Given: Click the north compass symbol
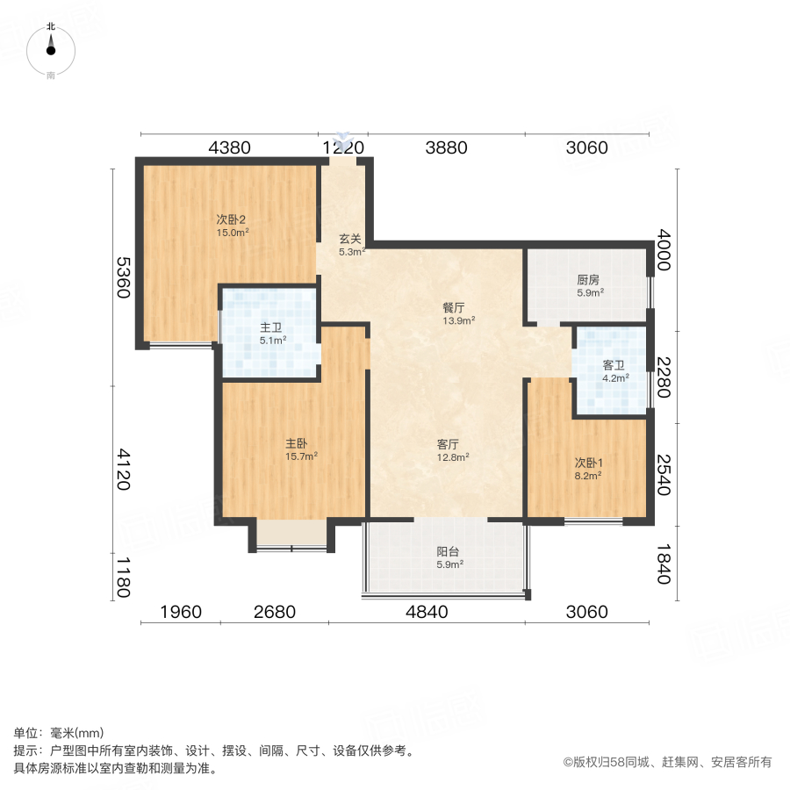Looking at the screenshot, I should pos(51,50).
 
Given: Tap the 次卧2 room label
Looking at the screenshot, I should pos(232,219).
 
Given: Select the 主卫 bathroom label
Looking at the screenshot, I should pos(269,327).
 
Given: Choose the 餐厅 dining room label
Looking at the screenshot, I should pos(453,308).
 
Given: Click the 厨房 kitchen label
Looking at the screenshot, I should pos(589,280).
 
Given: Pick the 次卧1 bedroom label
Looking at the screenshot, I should pos(587,463).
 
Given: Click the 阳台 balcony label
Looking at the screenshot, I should pos(449,552).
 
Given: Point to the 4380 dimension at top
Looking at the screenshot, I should pos(230,147).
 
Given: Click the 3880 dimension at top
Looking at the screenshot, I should pos(446,147).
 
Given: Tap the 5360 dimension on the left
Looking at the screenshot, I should pos(124,277).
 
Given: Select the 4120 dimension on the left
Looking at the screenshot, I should pos(124,469).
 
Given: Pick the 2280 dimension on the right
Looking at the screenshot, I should pos(664,377).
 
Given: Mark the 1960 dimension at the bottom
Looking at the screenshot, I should pos(181,612).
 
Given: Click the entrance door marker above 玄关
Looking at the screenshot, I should pos(344,140).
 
